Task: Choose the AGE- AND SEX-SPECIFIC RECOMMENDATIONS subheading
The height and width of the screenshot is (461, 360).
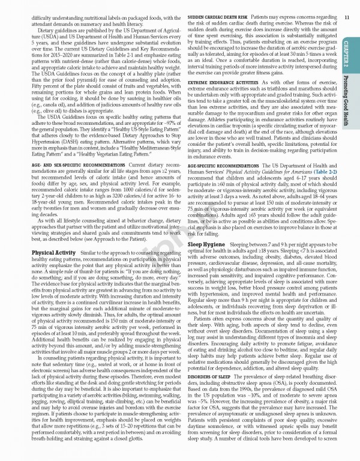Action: click(70, 164)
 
